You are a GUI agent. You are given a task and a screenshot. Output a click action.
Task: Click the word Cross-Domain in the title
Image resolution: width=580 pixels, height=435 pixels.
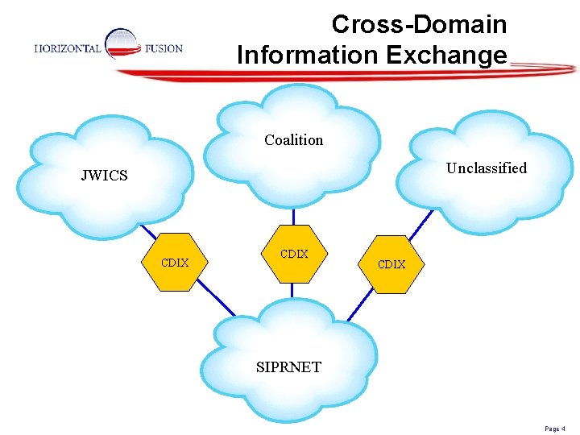419,24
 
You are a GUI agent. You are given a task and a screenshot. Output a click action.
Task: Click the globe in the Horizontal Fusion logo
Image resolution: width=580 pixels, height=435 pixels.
122,43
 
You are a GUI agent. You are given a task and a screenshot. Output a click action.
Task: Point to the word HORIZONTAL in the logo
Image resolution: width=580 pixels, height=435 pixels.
68,48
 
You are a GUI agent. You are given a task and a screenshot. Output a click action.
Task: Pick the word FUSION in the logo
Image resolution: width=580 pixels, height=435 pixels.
164,48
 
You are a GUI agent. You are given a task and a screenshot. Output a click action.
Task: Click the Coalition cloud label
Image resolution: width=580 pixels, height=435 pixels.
293,140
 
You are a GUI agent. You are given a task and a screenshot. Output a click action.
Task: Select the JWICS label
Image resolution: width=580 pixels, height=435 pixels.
104,176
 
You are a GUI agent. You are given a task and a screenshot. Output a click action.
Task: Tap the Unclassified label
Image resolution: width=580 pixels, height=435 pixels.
486,168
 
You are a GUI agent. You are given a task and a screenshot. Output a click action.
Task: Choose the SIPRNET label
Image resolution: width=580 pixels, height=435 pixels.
288,367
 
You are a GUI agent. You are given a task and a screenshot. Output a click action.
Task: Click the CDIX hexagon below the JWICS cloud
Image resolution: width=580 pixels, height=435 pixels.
175,263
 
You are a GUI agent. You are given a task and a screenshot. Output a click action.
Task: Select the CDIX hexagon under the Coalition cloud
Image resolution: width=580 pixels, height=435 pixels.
293,255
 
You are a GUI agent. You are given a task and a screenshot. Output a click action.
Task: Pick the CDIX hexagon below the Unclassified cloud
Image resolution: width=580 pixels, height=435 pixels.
391,264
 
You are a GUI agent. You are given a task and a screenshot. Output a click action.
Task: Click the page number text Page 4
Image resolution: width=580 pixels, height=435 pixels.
555,429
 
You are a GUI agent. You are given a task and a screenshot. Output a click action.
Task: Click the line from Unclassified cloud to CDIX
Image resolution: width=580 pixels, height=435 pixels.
424,222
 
